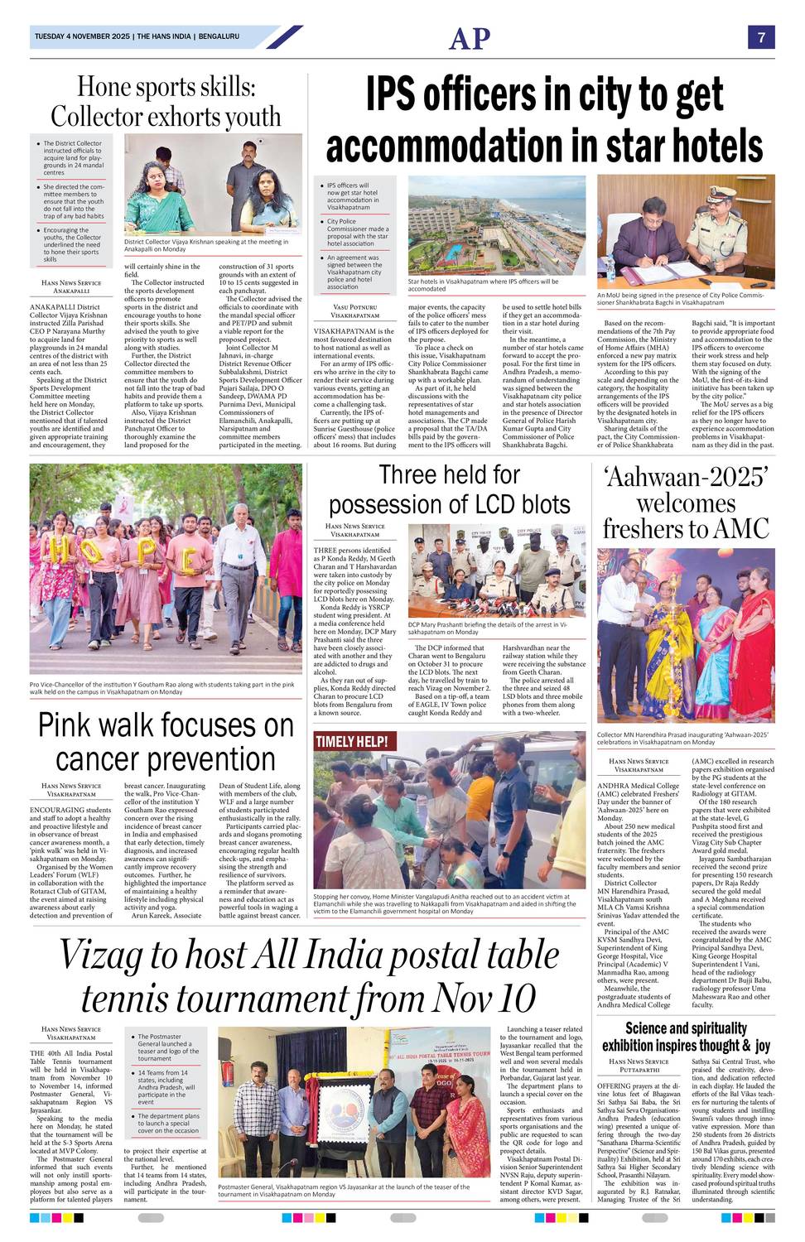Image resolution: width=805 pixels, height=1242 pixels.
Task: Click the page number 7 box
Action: tap(760, 37)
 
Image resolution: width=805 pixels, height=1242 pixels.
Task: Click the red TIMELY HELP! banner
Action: tap(351, 742)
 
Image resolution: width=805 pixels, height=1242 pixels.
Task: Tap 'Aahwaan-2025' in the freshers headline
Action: tap(686, 476)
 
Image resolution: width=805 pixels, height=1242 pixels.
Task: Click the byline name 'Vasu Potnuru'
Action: tap(354, 307)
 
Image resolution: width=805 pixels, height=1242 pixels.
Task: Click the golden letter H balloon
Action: tap(58, 548)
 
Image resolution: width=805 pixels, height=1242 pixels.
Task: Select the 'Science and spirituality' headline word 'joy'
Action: tap(763, 1046)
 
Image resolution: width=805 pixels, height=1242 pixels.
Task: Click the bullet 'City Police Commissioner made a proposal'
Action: tap(357, 233)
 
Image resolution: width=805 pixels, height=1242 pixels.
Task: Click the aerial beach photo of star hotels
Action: tap(496, 225)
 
